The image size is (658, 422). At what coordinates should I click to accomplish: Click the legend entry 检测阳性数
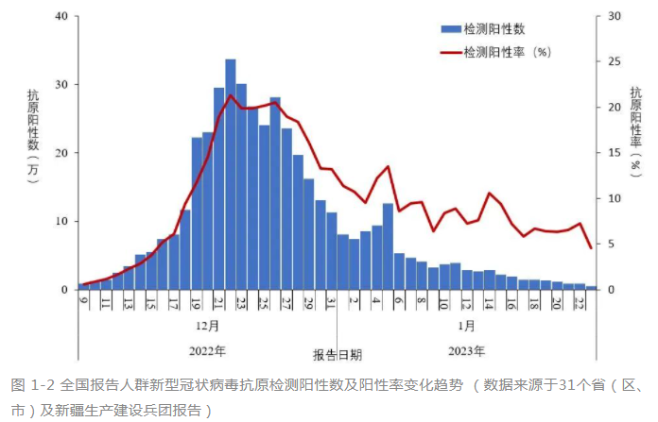[494, 29]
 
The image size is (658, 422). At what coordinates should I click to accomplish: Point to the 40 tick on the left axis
[61, 17]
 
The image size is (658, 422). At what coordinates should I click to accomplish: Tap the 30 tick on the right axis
[614, 17]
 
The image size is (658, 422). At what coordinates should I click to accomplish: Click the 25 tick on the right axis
[614, 62]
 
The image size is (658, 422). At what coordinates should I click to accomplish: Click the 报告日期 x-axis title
[338, 356]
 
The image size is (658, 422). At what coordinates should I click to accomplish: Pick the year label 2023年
[466, 351]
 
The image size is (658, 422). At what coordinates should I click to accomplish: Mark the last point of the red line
[591, 248]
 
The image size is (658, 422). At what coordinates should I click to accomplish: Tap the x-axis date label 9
[84, 301]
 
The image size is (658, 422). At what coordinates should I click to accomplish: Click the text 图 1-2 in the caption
[32, 385]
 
